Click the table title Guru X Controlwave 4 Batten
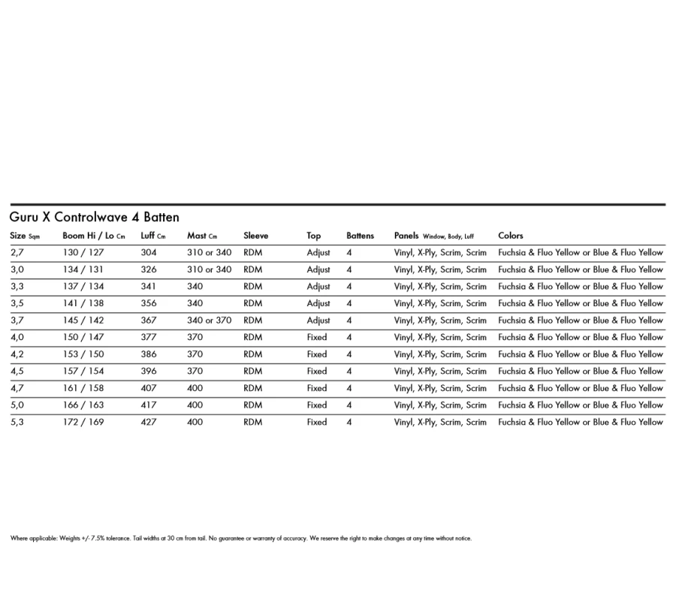point(94,218)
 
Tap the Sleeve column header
point(255,236)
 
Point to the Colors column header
point(511,236)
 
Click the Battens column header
point(360,236)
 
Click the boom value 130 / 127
point(83,252)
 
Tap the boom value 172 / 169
point(83,422)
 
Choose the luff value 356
point(149,303)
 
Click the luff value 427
point(149,422)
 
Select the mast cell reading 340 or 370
point(210,321)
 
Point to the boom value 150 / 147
point(83,337)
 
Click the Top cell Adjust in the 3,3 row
point(318,287)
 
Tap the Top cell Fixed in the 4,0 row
point(317,337)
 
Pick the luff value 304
point(149,252)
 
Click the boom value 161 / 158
point(83,388)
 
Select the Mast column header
point(201,236)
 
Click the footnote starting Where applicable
point(240,538)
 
